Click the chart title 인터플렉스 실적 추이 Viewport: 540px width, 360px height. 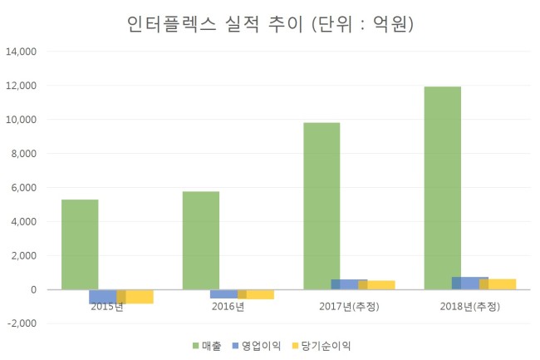point(215,24)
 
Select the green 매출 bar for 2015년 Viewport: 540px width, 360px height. point(80,244)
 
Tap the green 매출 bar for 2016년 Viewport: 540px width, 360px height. point(201,240)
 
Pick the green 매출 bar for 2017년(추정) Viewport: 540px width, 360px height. point(322,206)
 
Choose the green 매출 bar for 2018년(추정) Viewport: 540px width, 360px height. point(443,188)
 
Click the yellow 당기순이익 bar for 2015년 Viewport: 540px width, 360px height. point(135,297)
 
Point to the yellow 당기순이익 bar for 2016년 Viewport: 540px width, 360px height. point(256,294)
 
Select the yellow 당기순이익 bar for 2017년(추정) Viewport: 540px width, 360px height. point(377,285)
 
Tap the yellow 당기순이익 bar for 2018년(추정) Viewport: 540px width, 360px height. point(498,284)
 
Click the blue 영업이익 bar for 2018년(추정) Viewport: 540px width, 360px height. point(470,284)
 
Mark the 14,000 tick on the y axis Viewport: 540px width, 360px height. point(22,52)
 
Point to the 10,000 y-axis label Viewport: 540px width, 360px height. point(22,120)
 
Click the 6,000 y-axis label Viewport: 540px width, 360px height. point(24,188)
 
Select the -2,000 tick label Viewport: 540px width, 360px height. point(22,323)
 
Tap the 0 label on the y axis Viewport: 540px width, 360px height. point(33,290)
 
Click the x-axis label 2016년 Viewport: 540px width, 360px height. point(228,306)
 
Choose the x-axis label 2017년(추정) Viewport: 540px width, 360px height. point(349,306)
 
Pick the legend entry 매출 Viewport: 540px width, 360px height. point(207,346)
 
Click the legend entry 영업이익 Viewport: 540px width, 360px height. point(257,346)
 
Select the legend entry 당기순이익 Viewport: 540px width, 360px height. point(322,346)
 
